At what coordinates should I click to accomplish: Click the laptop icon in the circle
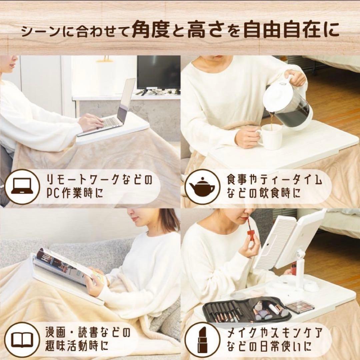coord(22,187)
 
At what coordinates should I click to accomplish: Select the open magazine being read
coord(63,267)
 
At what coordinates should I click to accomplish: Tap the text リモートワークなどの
coord(98,180)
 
